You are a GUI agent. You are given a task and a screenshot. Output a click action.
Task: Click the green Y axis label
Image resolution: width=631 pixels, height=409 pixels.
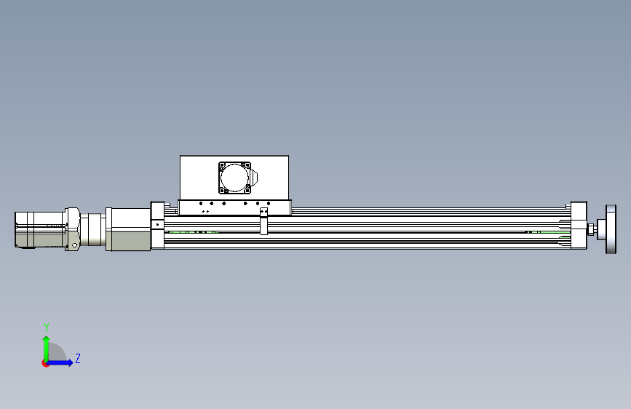pyautogui.click(x=47, y=327)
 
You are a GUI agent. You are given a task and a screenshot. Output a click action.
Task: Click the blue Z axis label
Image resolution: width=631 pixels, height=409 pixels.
pyautogui.click(x=78, y=358)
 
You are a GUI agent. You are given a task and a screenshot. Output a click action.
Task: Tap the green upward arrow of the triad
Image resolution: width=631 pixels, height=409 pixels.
pyautogui.click(x=47, y=349)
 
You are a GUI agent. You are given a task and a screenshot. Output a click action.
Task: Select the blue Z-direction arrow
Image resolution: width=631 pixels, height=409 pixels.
pyautogui.click(x=59, y=362)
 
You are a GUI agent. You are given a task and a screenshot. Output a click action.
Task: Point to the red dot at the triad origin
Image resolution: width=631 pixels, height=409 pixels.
pyautogui.click(x=45, y=363)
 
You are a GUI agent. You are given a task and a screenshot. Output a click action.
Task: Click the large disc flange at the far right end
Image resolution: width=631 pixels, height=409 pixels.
pyautogui.click(x=611, y=229)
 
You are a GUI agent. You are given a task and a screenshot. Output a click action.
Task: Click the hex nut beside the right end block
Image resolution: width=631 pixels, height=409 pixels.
pyautogui.click(x=591, y=229)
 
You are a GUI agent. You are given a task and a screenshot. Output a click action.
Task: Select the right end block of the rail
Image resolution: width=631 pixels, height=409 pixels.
pyautogui.click(x=579, y=225)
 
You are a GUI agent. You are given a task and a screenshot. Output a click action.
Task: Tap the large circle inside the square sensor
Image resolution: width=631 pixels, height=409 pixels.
pyautogui.click(x=234, y=178)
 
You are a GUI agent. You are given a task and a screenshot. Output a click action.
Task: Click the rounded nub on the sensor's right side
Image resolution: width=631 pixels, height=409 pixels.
pyautogui.click(x=254, y=178)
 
